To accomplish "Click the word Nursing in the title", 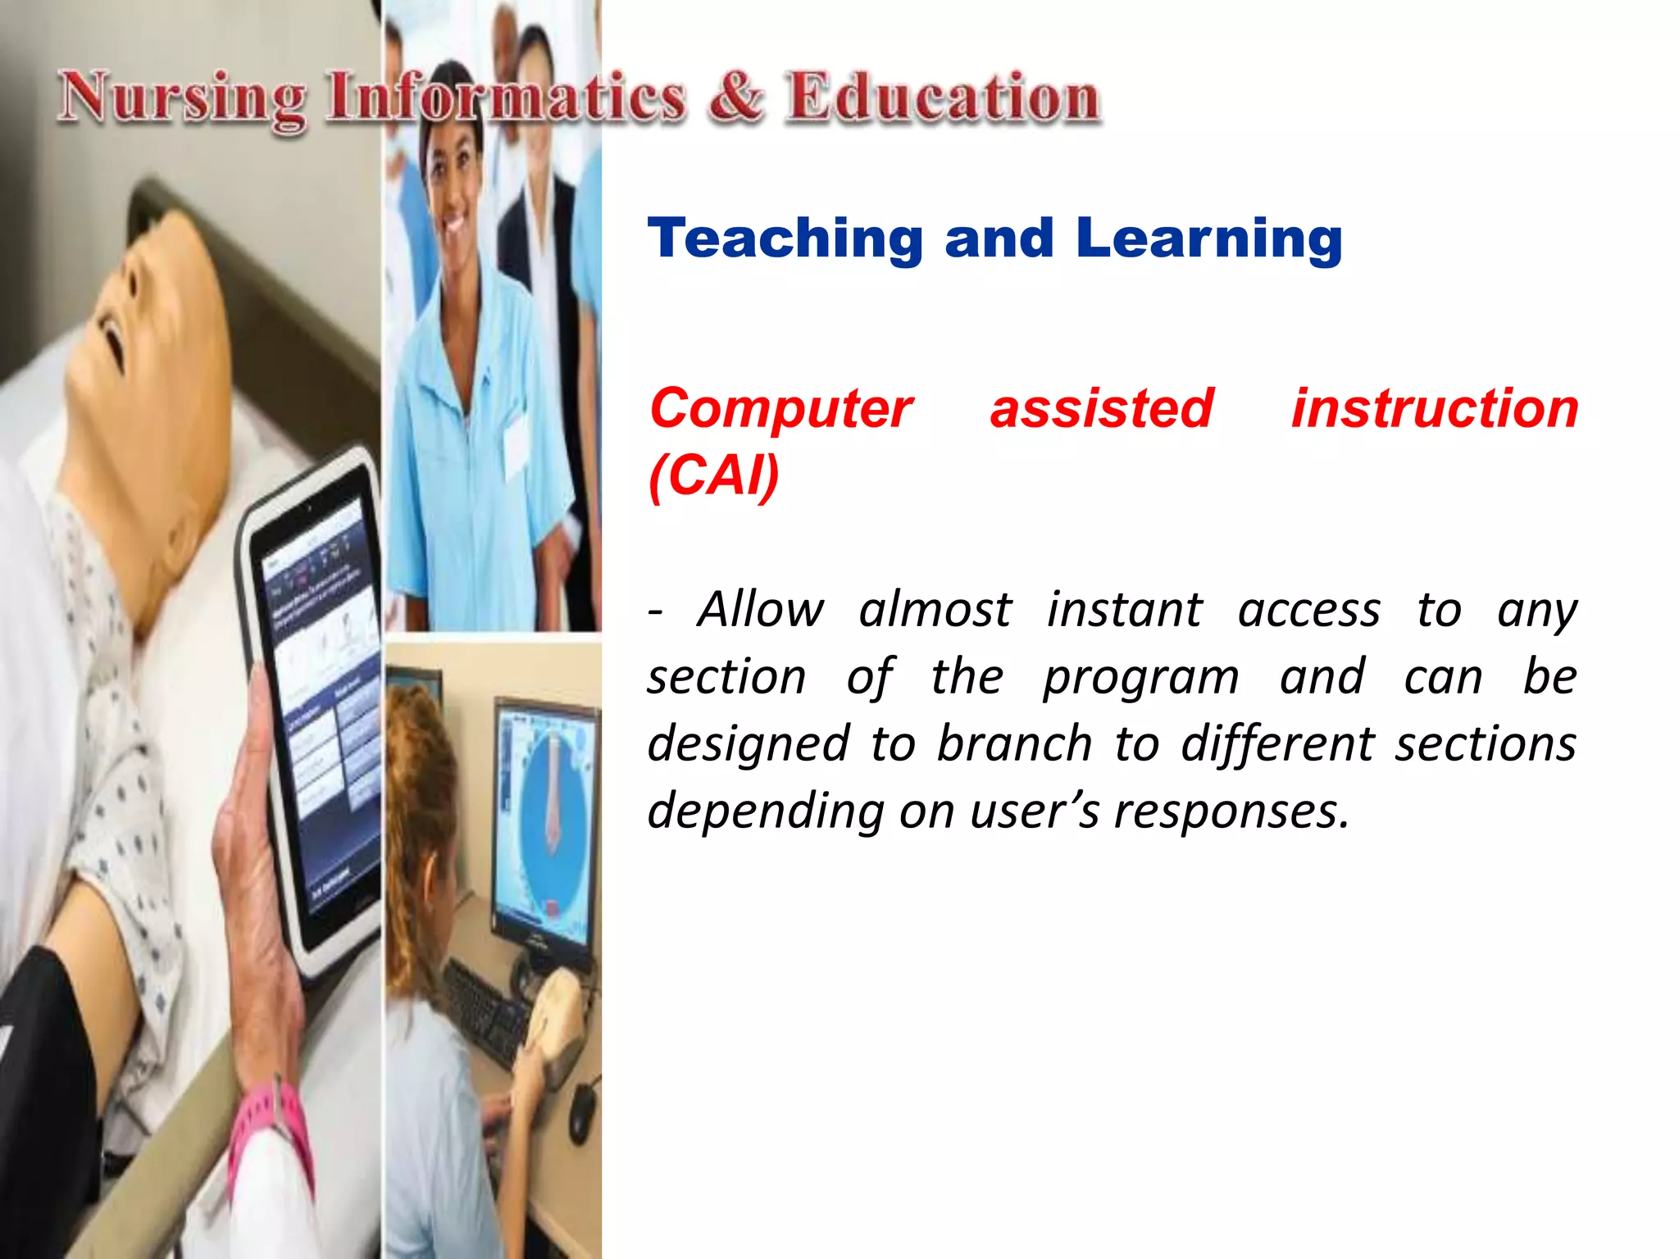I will coord(182,98).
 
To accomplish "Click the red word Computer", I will coord(780,408).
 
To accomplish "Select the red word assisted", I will coord(1101,408).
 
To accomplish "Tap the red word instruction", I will coord(1435,408).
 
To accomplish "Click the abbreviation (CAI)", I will coord(713,475).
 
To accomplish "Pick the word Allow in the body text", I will coord(760,610).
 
